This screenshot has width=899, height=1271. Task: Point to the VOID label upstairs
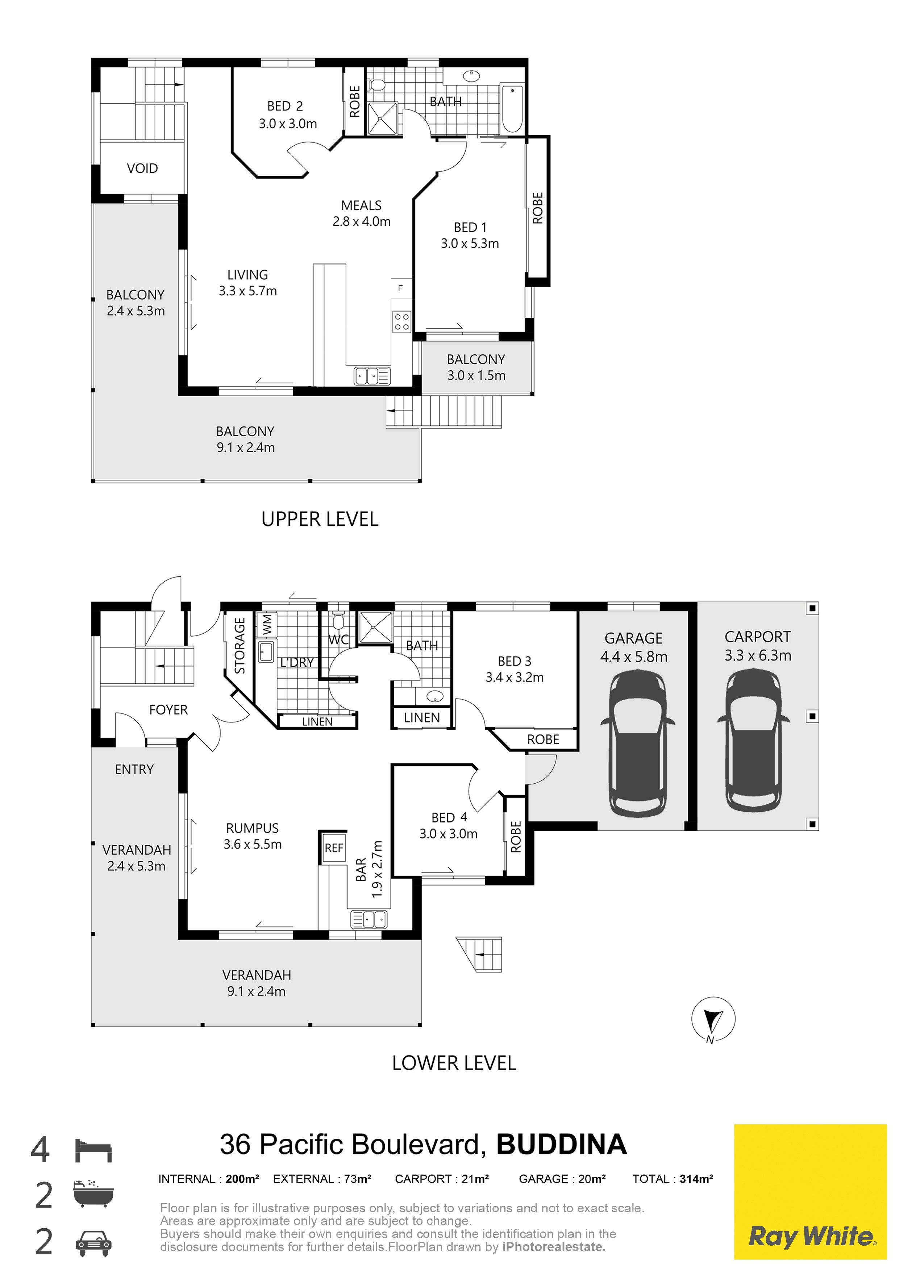pos(142,168)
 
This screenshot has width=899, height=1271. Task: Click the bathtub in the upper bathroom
pos(512,108)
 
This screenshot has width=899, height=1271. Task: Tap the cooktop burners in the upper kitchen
pos(402,322)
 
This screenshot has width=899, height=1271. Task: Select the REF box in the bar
pos(334,847)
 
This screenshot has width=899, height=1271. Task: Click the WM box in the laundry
pos(266,625)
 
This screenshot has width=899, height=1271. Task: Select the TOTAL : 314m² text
pos(673,1179)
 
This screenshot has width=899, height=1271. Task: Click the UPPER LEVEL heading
pos(320,519)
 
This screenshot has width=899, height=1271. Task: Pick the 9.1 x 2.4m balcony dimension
pos(246,448)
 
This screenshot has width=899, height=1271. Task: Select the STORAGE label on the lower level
pos(240,646)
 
